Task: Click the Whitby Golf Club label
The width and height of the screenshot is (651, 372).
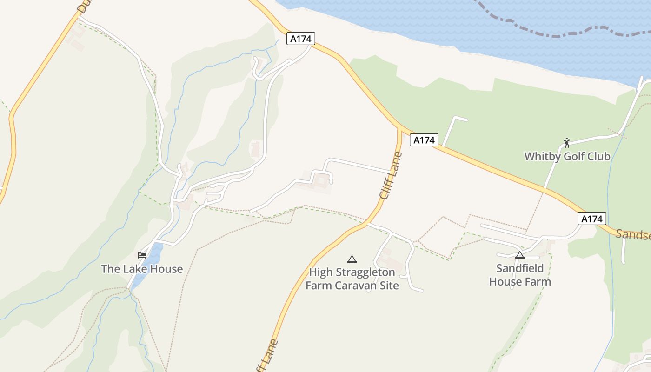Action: pyautogui.click(x=567, y=156)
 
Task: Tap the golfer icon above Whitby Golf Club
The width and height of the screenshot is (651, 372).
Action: pyautogui.click(x=566, y=142)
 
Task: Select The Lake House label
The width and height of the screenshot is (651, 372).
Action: pyautogui.click(x=142, y=269)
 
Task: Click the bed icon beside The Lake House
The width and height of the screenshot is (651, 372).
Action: pyautogui.click(x=142, y=255)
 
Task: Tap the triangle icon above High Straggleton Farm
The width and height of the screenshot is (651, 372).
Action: pyautogui.click(x=352, y=259)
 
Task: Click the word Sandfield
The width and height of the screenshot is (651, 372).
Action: pyautogui.click(x=520, y=268)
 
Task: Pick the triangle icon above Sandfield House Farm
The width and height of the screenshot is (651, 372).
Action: pyautogui.click(x=520, y=255)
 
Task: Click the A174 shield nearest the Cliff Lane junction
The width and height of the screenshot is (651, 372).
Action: pyautogui.click(x=424, y=140)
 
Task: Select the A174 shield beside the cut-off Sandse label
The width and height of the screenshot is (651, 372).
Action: pyautogui.click(x=592, y=219)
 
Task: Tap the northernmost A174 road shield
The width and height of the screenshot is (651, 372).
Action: pyautogui.click(x=301, y=39)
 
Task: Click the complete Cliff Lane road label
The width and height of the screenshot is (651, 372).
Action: pyautogui.click(x=391, y=175)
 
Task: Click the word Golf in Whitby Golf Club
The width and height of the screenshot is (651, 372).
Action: pyautogui.click(x=573, y=156)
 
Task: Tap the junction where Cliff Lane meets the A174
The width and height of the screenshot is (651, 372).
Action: pyautogui.click(x=399, y=129)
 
